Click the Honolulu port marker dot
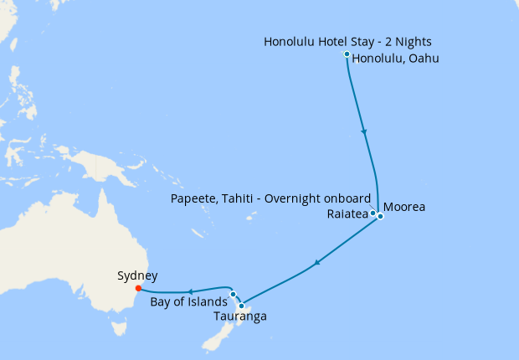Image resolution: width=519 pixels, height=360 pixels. tap(347, 54)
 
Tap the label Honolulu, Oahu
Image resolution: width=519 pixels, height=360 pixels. tap(396, 59)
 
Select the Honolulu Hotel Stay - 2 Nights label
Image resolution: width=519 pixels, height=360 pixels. tap(347, 41)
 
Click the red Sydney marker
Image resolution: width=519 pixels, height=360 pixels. tap(138, 289)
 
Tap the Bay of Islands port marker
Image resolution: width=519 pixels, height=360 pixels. tap(233, 294)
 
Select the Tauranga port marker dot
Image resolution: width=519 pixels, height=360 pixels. tap(241, 306)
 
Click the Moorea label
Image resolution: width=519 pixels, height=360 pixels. tap(404, 207)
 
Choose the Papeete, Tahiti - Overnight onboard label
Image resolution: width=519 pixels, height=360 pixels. tap(270, 198)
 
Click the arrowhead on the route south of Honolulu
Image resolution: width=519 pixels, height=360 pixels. tap(363, 131)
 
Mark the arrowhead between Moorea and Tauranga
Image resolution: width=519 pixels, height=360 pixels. tap(316, 265)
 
